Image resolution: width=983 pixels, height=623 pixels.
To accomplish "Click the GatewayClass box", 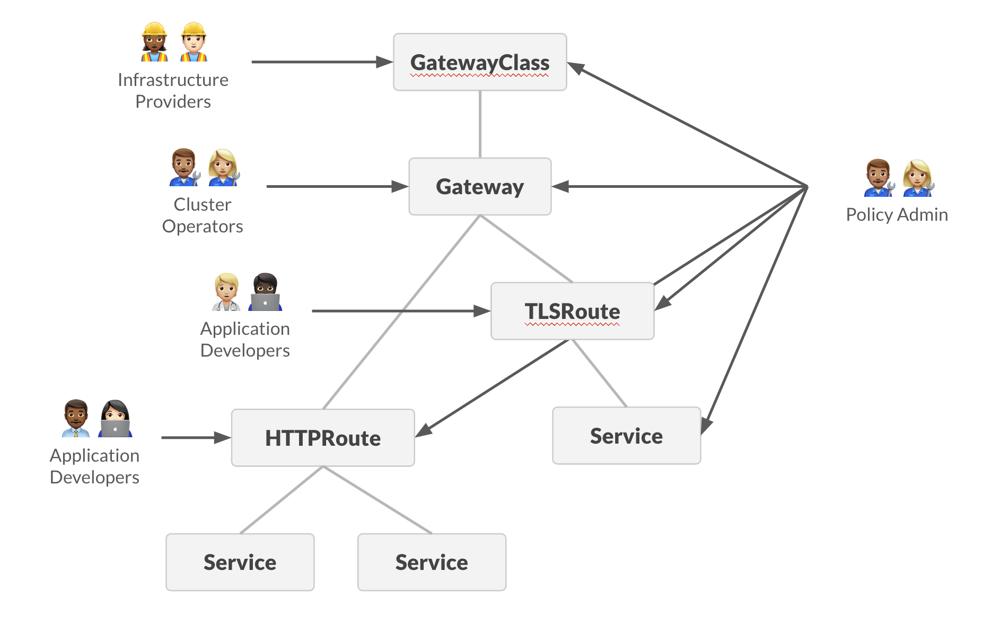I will (x=480, y=62).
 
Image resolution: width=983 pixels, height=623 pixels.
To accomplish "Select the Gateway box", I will (x=480, y=186).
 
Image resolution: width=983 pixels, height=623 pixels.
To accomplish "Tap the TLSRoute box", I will (x=572, y=311).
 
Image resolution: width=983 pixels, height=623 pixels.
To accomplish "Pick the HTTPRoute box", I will (x=322, y=438).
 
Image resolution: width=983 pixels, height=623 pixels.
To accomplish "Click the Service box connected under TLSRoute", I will (x=626, y=436).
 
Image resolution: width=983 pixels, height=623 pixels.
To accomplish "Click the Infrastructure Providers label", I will (x=173, y=90).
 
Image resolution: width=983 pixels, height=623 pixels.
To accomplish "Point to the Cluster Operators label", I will (x=203, y=215).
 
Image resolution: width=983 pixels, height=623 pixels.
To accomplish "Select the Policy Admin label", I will (x=897, y=214).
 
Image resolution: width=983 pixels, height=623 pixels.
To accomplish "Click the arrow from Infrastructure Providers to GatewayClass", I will (x=318, y=62).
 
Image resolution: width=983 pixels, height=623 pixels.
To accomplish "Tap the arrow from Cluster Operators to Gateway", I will (x=334, y=186).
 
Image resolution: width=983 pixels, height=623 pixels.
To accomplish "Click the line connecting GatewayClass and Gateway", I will (x=480, y=124).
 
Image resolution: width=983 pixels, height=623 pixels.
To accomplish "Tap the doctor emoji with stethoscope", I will (x=226, y=292).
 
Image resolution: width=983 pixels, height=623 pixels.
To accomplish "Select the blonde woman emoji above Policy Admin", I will (x=918, y=178).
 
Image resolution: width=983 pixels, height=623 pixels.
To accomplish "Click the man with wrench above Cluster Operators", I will (x=184, y=167).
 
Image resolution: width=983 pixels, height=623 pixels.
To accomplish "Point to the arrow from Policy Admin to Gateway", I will (x=679, y=186).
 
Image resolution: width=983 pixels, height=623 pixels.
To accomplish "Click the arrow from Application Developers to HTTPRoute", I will (x=194, y=438).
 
